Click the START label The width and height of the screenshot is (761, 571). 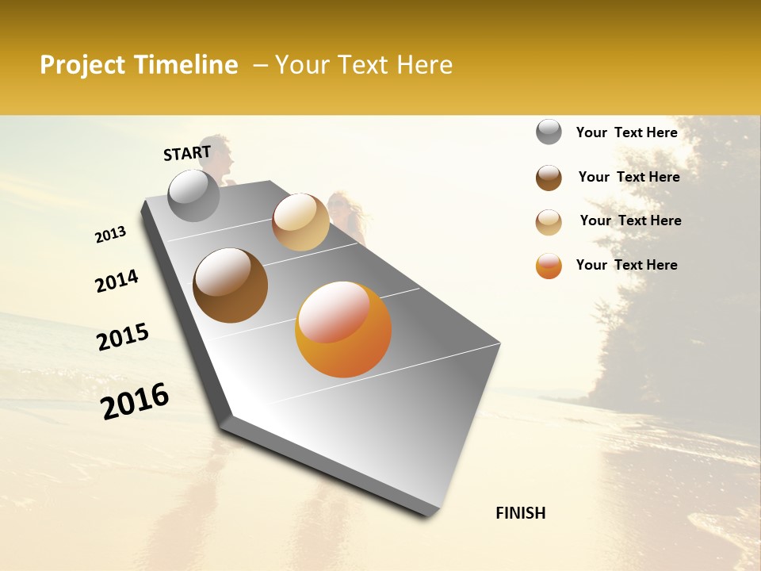click(187, 152)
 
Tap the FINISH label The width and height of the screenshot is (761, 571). click(520, 513)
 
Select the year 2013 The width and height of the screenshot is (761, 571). click(110, 235)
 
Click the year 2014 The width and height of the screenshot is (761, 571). click(117, 282)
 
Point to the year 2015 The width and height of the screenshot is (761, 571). click(123, 337)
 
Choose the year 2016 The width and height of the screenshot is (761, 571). click(135, 401)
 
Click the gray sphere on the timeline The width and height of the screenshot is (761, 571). click(193, 195)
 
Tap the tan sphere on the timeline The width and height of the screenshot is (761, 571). click(300, 222)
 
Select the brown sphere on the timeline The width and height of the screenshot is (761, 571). click(231, 285)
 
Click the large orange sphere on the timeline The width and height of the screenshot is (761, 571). click(343, 329)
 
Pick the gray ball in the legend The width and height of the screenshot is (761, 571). click(549, 132)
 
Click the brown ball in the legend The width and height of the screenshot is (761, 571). click(549, 178)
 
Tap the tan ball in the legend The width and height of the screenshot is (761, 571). click(549, 222)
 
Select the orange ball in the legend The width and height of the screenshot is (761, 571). click(549, 266)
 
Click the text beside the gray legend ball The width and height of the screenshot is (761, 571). click(626, 132)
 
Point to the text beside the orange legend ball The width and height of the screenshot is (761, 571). click(626, 265)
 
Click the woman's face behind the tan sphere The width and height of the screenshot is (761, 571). click(338, 203)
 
